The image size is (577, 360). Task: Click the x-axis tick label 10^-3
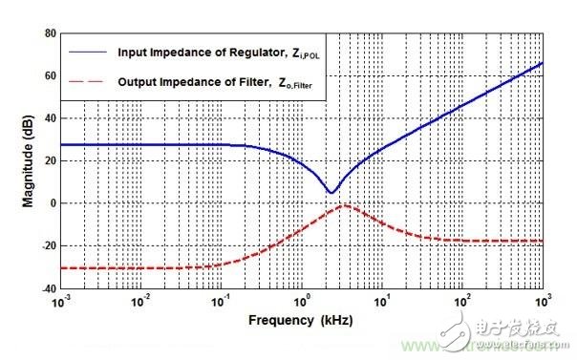[60, 302]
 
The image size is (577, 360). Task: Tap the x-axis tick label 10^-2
[140, 302]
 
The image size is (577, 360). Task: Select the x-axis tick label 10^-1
[221, 302]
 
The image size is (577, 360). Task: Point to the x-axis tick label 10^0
[301, 302]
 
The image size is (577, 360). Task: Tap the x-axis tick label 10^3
[541, 302]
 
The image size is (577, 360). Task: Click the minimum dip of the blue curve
[331, 193]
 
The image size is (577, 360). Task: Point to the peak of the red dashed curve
[343, 205]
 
